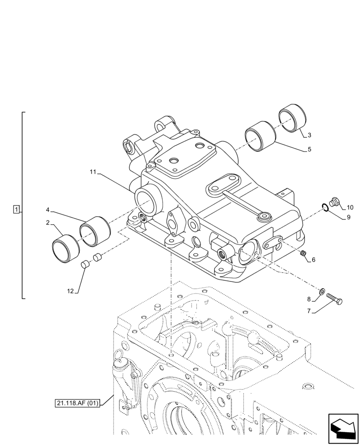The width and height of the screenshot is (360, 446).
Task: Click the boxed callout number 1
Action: tap(16, 209)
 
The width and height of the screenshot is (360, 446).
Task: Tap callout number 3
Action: tap(310, 135)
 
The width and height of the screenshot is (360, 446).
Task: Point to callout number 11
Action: tap(93, 172)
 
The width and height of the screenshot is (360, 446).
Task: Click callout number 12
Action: tap(70, 291)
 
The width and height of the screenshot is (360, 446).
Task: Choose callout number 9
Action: tap(348, 217)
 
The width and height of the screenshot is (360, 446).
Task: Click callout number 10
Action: tap(350, 207)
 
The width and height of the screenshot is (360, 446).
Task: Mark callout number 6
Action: tap(313, 260)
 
